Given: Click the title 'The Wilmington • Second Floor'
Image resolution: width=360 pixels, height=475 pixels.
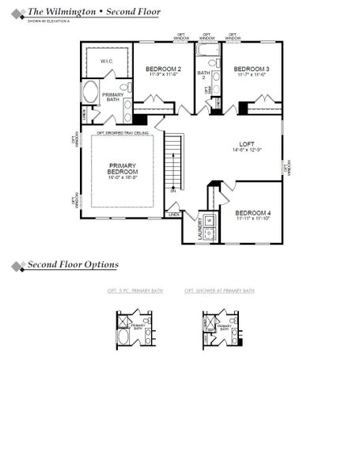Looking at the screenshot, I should click(x=93, y=12).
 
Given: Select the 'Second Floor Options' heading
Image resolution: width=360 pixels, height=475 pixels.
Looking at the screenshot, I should click(x=73, y=264).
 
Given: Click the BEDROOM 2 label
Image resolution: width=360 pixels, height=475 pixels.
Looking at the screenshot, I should click(x=164, y=70).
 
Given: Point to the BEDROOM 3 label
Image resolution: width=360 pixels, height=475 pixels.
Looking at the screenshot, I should click(x=252, y=70).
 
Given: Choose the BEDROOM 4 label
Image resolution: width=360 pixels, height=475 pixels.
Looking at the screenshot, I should click(x=252, y=213).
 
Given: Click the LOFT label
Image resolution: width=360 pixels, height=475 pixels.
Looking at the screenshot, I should click(x=248, y=143).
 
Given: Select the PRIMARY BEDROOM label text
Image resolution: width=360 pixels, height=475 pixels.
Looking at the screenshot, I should click(x=123, y=169).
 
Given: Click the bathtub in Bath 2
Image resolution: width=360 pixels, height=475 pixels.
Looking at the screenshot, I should click(x=208, y=57).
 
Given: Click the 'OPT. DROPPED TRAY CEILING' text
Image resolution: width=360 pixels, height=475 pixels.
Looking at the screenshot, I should click(x=123, y=133).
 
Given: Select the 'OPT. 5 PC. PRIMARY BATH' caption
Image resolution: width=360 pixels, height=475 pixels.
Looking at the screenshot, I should click(x=135, y=291).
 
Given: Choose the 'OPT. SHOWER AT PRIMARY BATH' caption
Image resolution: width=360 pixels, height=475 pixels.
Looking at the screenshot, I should click(x=219, y=291).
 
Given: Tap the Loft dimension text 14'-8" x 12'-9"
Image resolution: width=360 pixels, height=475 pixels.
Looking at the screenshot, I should click(x=248, y=150).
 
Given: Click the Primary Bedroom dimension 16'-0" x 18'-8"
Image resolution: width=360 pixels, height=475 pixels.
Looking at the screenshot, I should click(x=123, y=178).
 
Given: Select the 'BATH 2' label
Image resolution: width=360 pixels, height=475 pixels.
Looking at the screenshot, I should click(x=203, y=76).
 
